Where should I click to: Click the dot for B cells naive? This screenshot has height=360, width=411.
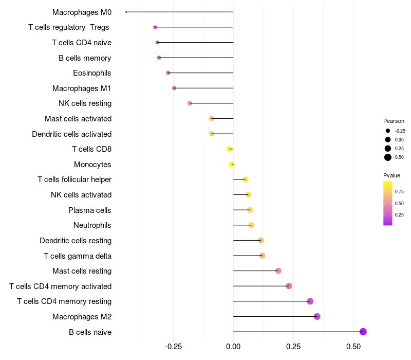363,332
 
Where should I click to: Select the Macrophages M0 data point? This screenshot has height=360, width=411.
126,12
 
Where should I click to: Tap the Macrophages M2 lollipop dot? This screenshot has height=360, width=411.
317,316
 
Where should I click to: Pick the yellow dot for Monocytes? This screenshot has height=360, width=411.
232,164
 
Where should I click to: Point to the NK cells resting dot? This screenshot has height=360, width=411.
190,103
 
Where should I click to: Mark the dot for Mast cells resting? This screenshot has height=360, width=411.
278,271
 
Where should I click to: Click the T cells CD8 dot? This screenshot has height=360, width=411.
229,149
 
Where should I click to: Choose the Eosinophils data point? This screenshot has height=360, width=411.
168,73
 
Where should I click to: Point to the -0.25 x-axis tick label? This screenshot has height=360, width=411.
173,347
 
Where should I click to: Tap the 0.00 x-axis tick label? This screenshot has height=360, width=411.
233,347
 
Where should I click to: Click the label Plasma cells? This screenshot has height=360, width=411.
90,210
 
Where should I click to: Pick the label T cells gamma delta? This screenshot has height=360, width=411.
78,256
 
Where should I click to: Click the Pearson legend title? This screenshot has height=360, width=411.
394,121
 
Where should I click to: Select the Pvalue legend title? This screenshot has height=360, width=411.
392,175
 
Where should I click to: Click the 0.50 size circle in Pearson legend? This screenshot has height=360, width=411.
388,157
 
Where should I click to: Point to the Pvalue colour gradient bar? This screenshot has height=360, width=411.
388,203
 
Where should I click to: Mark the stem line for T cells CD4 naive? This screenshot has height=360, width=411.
195,42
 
